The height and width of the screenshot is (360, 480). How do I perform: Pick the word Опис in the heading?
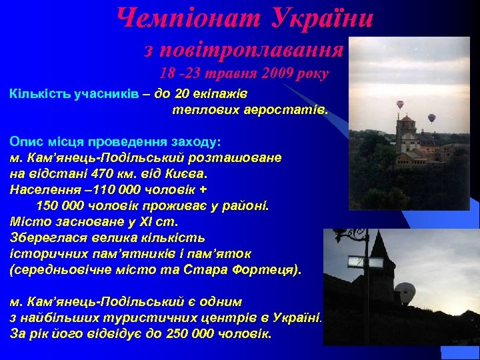click(x=25, y=142)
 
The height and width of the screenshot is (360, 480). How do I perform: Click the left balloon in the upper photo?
click(x=400, y=105)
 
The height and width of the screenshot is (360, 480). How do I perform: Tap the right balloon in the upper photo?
click(x=431, y=118)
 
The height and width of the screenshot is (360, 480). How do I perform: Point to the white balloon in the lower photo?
click(x=405, y=293)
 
